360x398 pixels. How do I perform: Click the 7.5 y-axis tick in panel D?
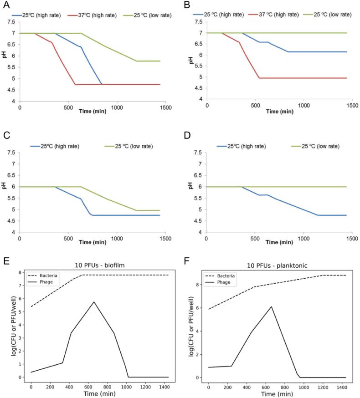(199, 153)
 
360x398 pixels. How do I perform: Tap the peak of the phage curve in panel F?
(271, 306)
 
